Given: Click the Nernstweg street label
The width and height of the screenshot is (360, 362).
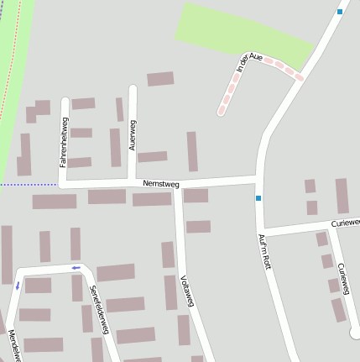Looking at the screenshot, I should (161, 182).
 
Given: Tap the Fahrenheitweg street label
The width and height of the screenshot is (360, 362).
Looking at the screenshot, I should (63, 141).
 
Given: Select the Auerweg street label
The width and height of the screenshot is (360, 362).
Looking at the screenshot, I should (132, 134).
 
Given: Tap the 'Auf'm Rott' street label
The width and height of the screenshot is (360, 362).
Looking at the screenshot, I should (266, 249).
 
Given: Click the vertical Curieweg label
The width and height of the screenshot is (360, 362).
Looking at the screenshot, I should (342, 278).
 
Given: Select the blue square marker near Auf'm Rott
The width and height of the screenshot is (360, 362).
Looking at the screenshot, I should (258, 198).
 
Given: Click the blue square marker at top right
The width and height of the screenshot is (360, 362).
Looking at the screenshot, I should (339, 12).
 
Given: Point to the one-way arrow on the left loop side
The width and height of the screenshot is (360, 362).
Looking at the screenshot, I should (17, 286).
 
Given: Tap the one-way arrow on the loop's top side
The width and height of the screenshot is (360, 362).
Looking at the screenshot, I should (76, 268).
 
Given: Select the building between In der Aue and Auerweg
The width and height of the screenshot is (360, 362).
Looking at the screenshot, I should (160, 79).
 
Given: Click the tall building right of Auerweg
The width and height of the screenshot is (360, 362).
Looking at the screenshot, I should (192, 151).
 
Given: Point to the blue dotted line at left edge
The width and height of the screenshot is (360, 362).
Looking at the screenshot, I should (25, 184).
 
